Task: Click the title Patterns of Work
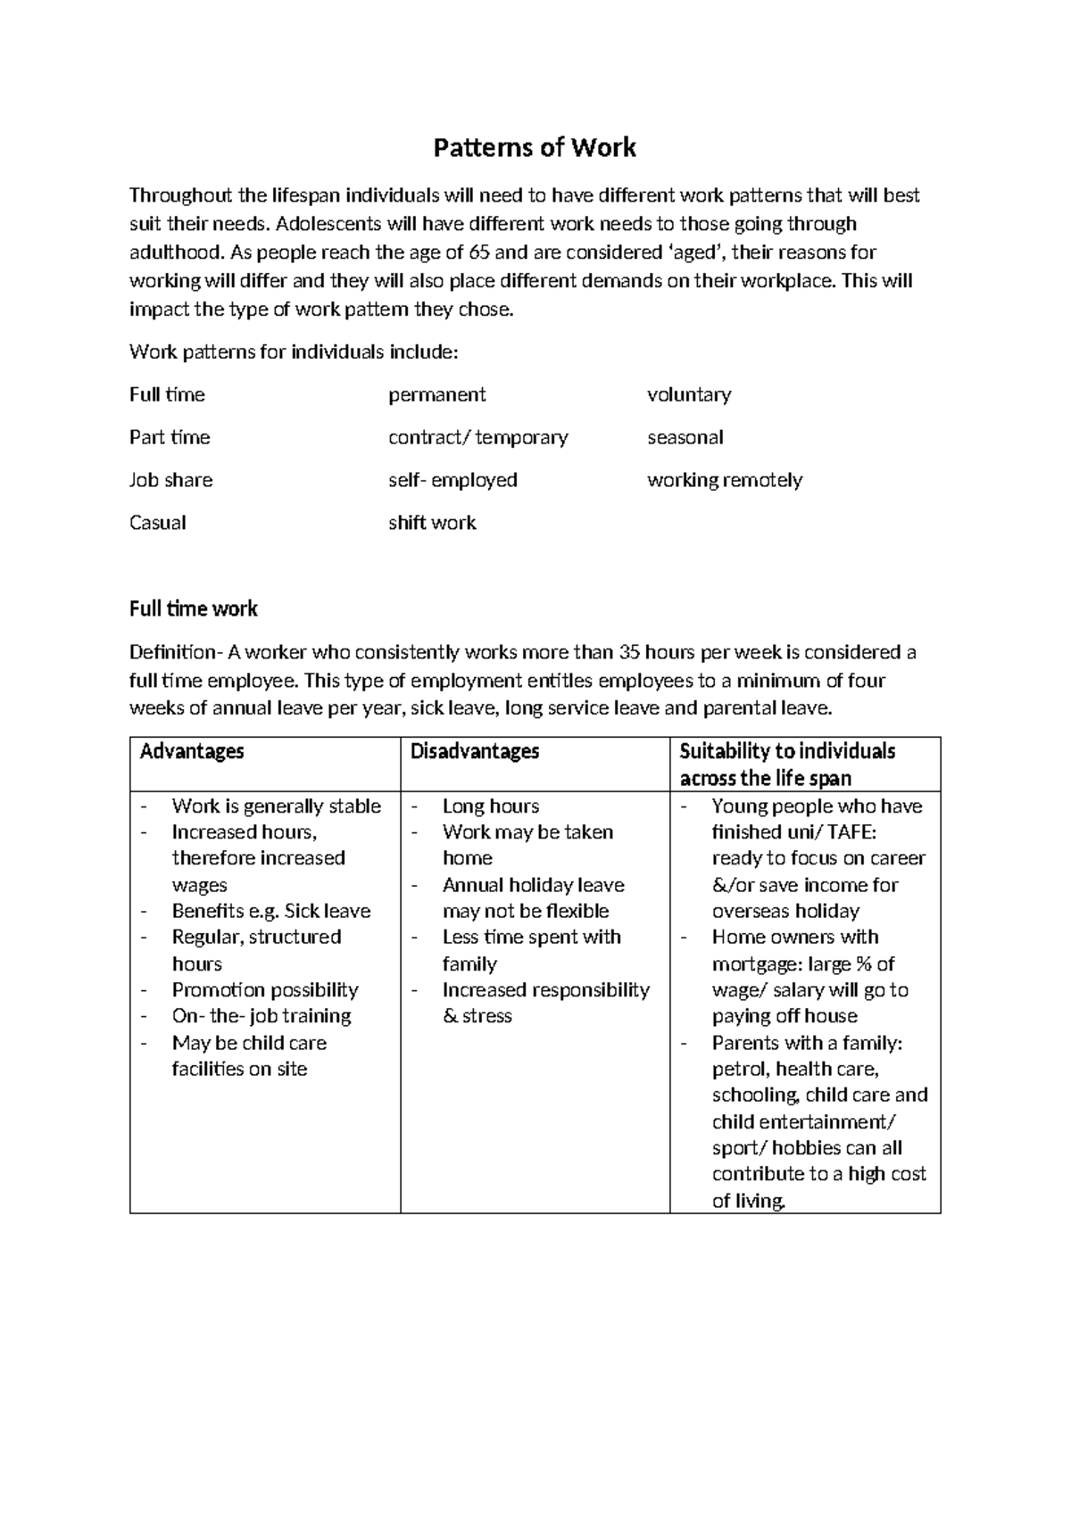click(x=535, y=147)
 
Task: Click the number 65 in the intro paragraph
click(x=479, y=252)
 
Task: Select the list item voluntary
click(x=688, y=394)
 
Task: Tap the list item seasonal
click(x=685, y=437)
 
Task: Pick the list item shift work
click(x=432, y=523)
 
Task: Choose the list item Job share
click(x=170, y=480)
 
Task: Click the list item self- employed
click(x=452, y=480)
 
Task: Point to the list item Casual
click(x=157, y=523)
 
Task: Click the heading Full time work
click(x=193, y=609)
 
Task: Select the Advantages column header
click(x=192, y=751)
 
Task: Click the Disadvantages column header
click(x=474, y=751)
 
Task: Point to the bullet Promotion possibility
click(x=265, y=990)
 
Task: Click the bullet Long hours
click(x=491, y=806)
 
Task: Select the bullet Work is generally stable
click(x=276, y=806)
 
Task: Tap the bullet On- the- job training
click(x=262, y=1016)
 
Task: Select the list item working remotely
click(x=724, y=480)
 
